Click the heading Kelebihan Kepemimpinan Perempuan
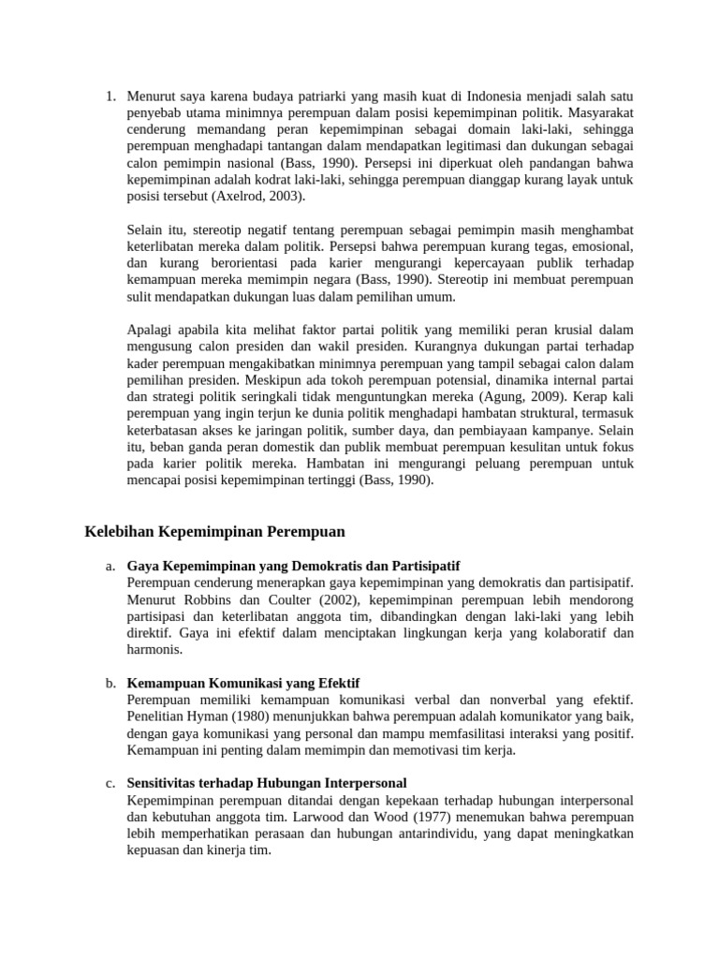tap(214, 532)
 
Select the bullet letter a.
tap(110, 568)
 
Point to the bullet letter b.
tap(110, 684)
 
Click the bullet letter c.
tap(110, 783)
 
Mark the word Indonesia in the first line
tap(498, 96)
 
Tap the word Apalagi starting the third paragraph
tap(150, 330)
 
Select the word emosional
tap(599, 247)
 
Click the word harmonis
tap(154, 649)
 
